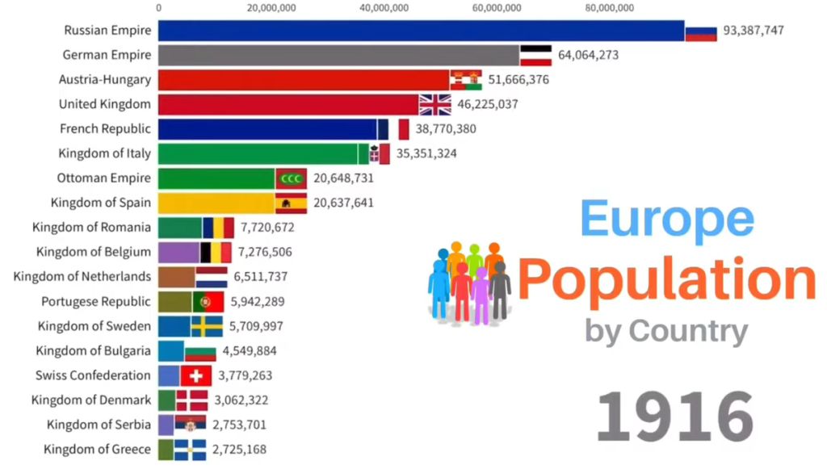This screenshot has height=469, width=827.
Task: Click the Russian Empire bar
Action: point(420,31)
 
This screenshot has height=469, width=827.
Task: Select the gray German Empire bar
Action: point(338,55)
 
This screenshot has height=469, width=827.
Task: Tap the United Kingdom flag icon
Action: point(434,104)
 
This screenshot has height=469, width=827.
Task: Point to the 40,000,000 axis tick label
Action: point(382,8)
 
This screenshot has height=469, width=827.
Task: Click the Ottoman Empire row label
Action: point(103,178)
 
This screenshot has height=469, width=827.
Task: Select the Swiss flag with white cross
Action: point(195,375)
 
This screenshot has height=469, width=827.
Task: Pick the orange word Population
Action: point(666,279)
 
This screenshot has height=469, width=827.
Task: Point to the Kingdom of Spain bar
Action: point(216,203)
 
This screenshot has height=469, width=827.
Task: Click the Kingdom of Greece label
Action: point(97,449)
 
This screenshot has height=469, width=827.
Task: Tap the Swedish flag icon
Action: point(207,326)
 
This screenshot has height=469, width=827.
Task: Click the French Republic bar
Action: point(267,129)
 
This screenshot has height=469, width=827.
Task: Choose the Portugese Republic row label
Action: point(96,301)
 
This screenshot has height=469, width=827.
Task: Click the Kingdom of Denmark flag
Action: point(191,400)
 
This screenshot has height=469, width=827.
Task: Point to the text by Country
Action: point(666,330)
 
